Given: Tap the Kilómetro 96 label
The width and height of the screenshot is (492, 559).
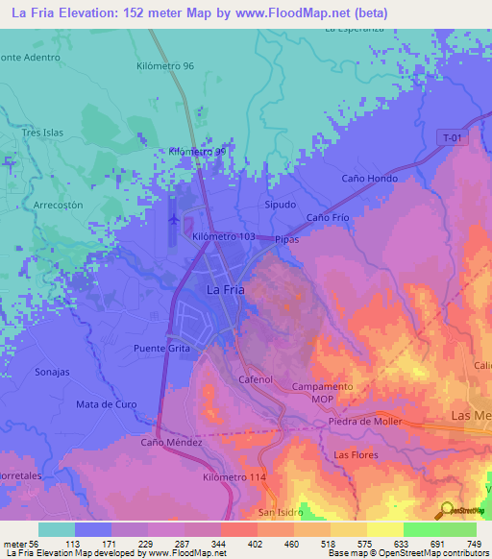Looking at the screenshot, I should [x=165, y=66].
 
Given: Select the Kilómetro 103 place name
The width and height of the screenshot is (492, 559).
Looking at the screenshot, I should [x=223, y=236].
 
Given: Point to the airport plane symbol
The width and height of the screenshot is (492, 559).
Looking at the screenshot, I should [x=173, y=219].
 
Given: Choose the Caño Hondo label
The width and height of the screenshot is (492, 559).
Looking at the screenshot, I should [x=369, y=179].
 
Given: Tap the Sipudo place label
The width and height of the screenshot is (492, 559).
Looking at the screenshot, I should [x=280, y=206].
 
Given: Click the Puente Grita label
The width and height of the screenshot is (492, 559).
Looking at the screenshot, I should [x=163, y=348].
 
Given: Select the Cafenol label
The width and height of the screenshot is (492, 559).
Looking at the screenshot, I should [x=256, y=379].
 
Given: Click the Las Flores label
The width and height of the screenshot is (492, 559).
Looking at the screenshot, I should [x=353, y=453].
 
